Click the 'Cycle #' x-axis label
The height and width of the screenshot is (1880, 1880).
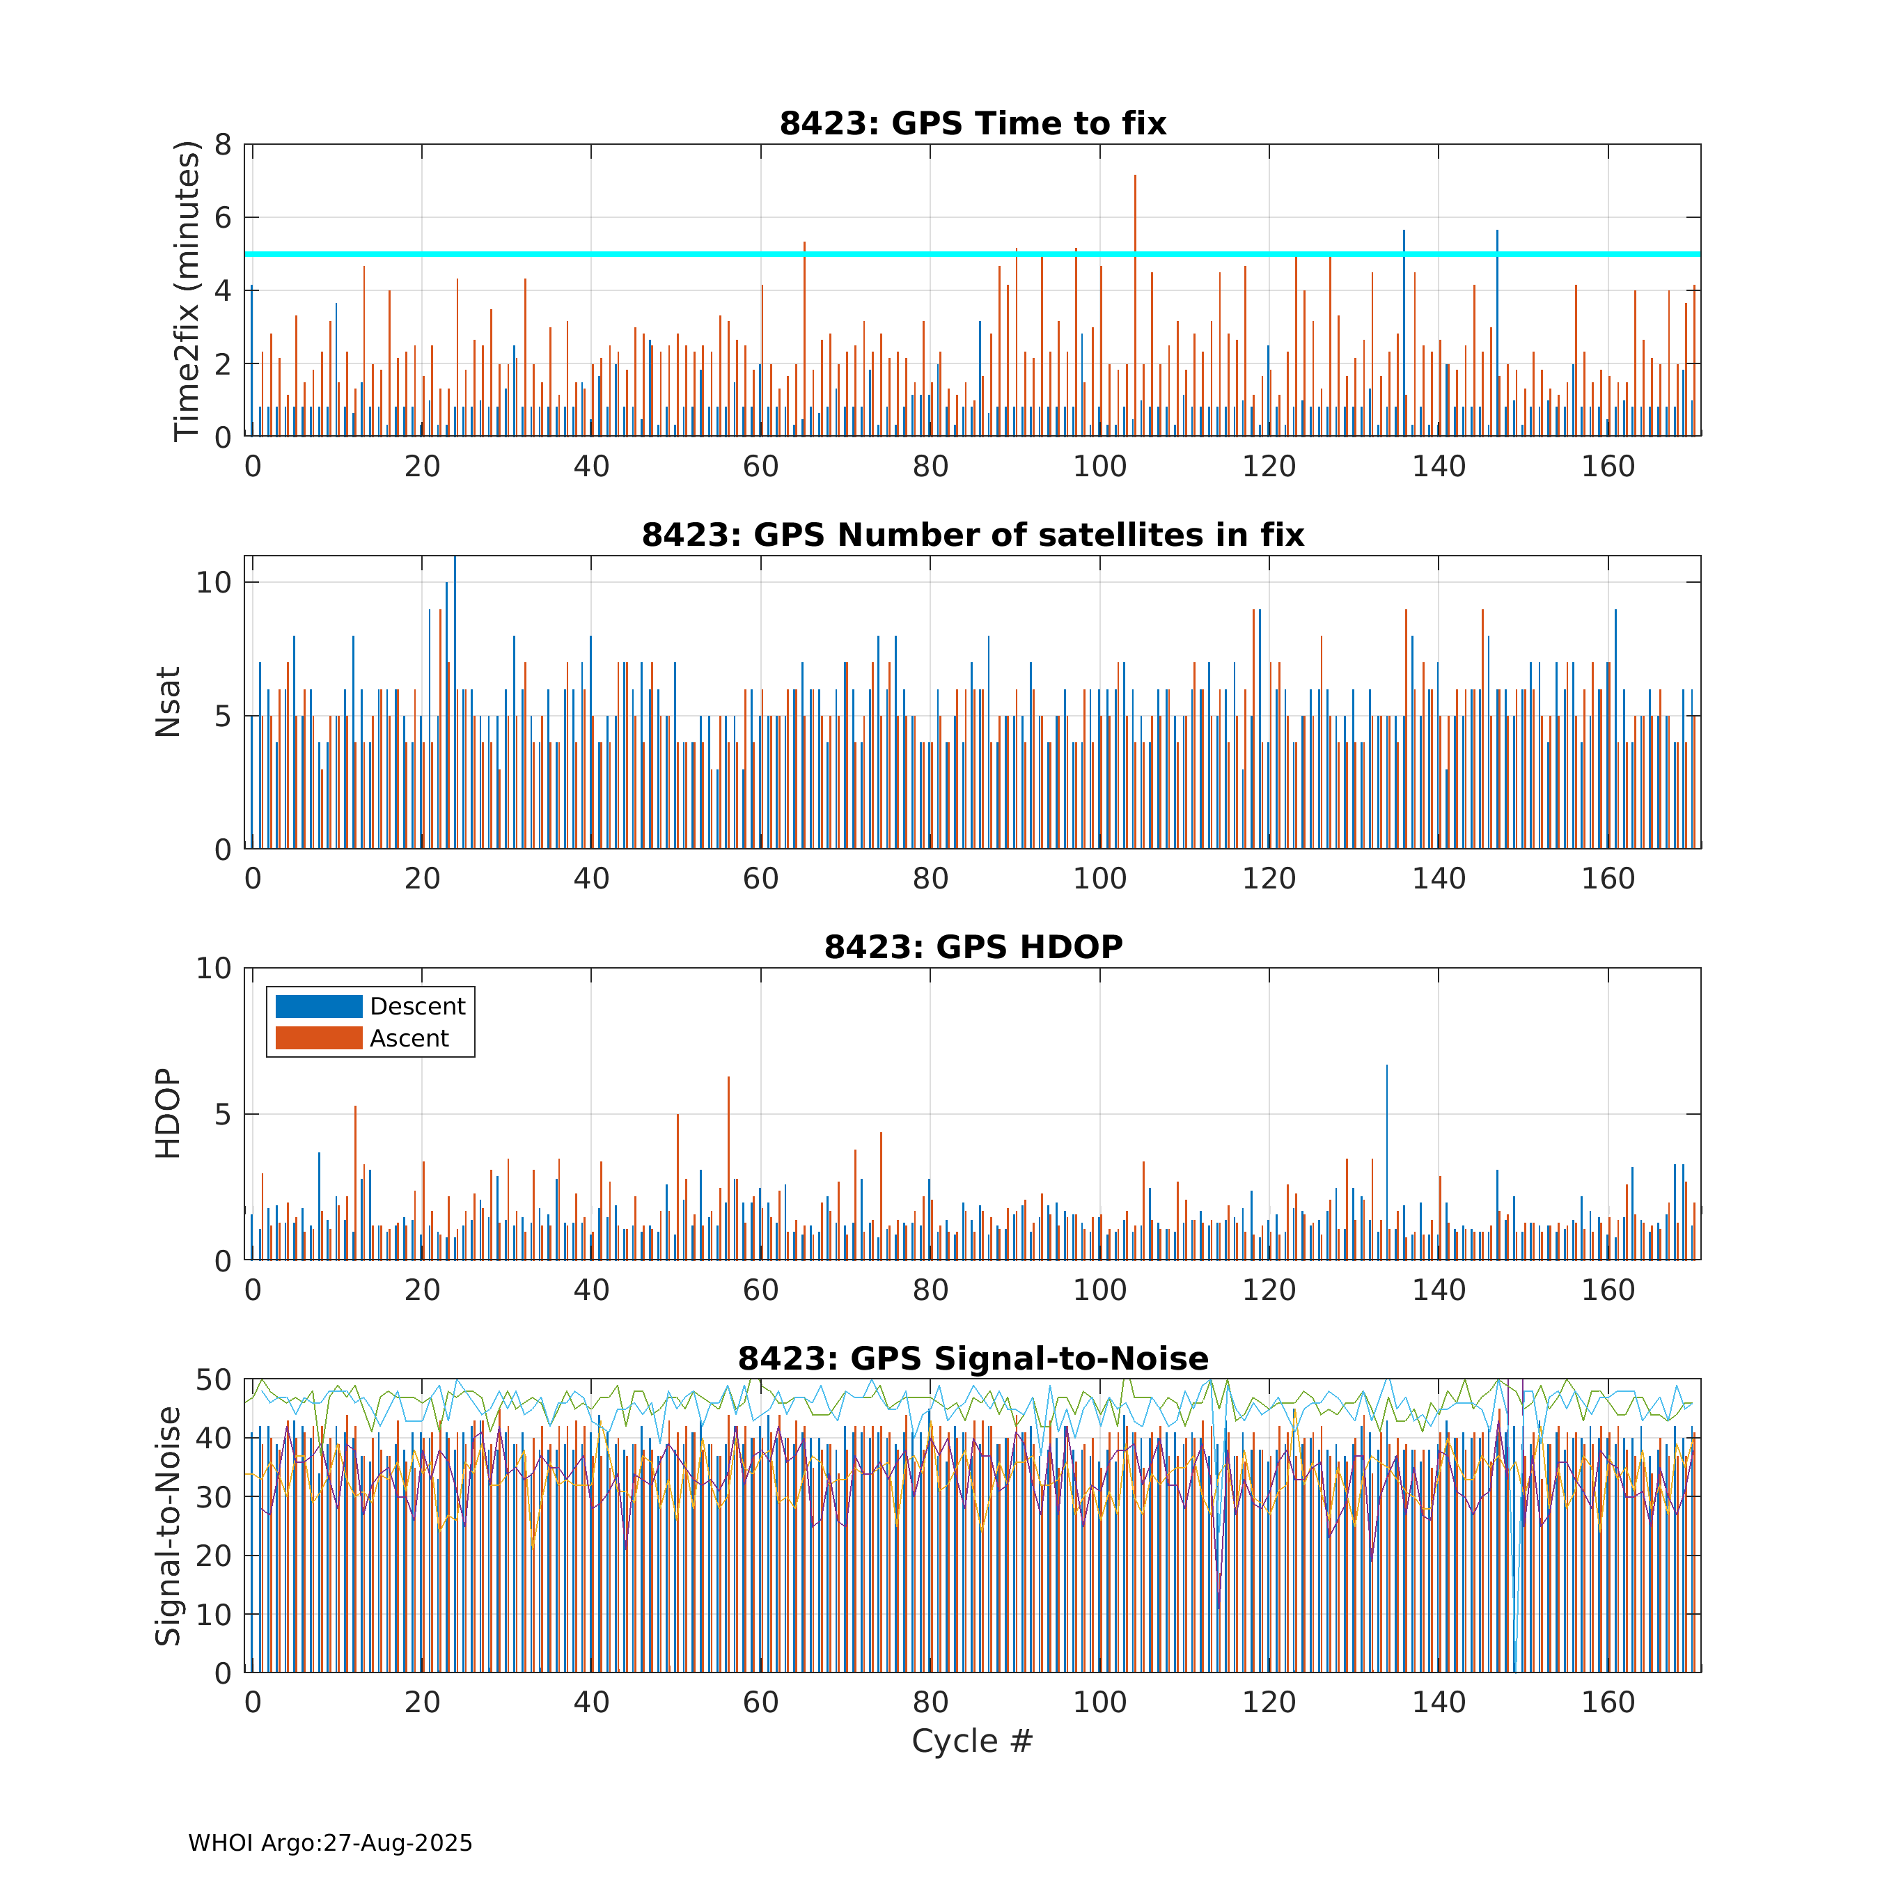point(972,1741)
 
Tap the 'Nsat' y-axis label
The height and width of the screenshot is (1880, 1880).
point(169,702)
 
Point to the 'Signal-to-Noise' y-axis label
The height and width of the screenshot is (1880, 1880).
point(169,1525)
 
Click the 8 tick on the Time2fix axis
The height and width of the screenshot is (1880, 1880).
point(223,145)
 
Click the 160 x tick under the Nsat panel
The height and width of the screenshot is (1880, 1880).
point(1608,879)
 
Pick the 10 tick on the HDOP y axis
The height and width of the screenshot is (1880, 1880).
point(213,969)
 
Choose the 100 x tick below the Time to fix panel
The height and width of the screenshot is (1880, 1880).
point(1099,467)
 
